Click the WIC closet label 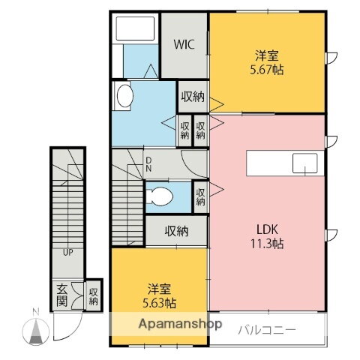click(x=184, y=44)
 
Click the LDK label click(x=267, y=229)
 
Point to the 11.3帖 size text click(x=267, y=243)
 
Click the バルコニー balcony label click(x=268, y=329)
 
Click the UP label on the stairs click(x=67, y=252)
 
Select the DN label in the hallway click(x=148, y=163)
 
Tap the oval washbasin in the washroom click(x=124, y=95)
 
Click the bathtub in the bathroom click(x=135, y=30)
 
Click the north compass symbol click(x=35, y=328)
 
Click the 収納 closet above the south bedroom click(x=176, y=231)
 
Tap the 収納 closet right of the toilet click(x=201, y=196)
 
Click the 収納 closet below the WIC click(x=192, y=96)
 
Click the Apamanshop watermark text click(x=166, y=325)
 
